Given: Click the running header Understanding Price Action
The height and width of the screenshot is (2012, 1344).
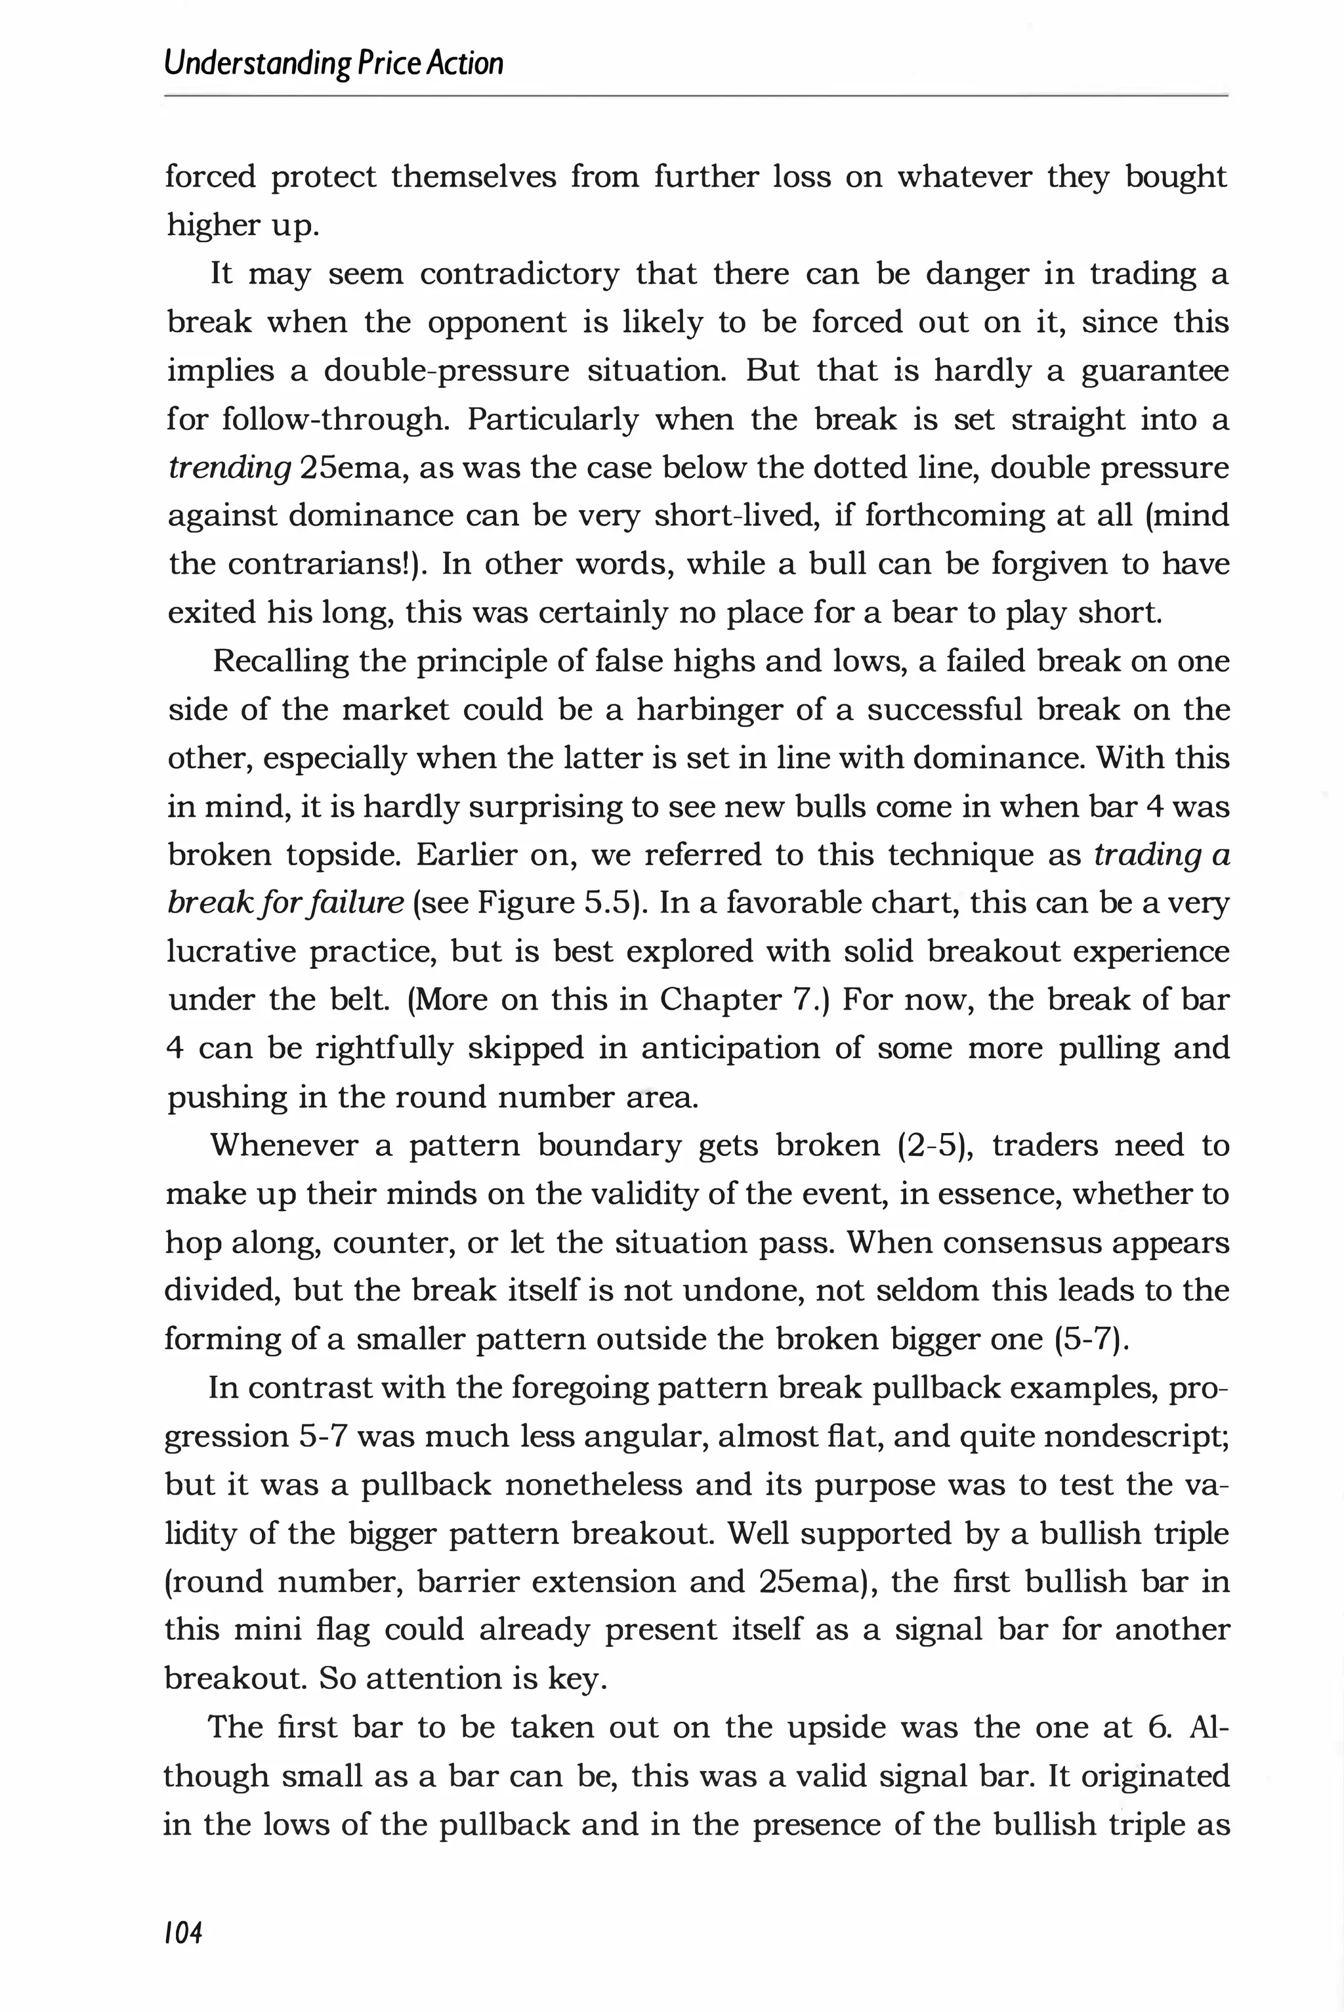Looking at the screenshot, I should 333,64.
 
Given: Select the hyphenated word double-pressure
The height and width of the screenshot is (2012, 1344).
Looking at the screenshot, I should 446,371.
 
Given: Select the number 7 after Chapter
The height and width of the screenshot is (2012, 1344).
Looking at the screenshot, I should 809,1000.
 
